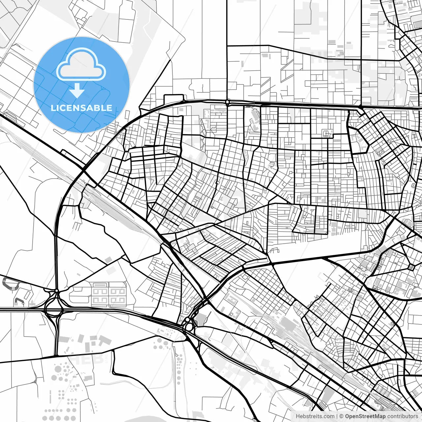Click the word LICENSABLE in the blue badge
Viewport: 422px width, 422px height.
[x=81, y=108]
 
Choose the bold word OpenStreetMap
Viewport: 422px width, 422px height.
[x=365, y=416]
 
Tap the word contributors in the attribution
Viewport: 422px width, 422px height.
[x=402, y=416]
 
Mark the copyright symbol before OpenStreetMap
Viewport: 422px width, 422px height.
[x=342, y=416]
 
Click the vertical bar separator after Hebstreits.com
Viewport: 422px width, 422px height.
[x=337, y=416]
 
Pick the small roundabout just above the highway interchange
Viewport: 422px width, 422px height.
[x=57, y=291]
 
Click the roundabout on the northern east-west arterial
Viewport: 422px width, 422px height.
[x=227, y=103]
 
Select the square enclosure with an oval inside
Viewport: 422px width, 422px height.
[x=327, y=134]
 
